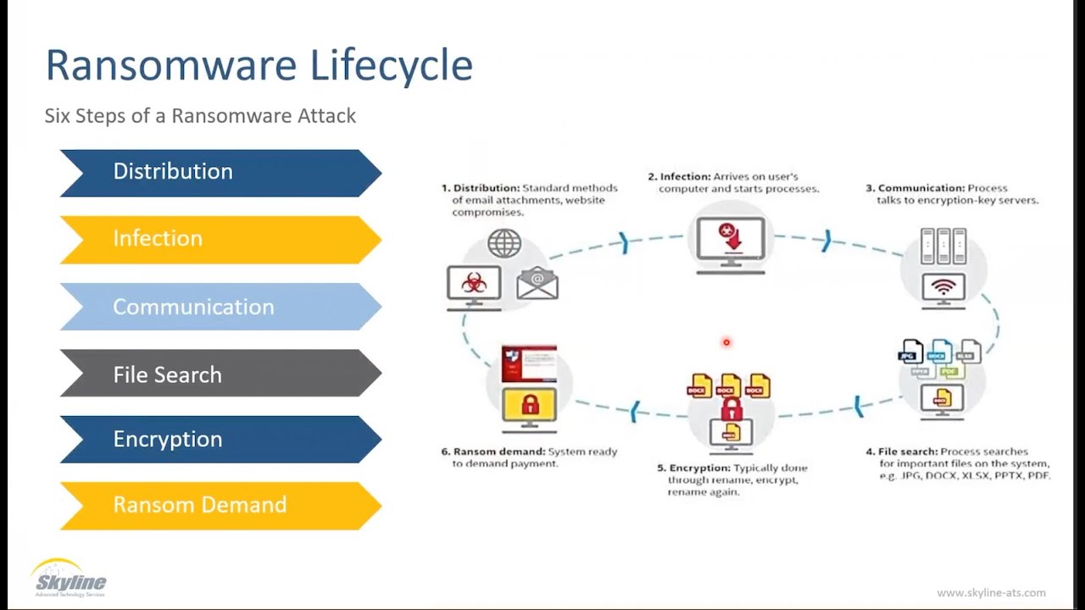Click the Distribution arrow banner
(220, 173)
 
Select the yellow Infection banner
(220, 240)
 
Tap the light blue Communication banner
(220, 307)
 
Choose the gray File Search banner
(220, 374)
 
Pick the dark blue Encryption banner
(220, 439)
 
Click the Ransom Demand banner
(220, 505)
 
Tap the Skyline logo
(70, 578)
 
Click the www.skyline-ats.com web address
(991, 593)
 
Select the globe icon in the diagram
(504, 244)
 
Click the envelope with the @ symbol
(537, 283)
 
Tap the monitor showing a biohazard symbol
(474, 285)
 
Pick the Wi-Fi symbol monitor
(943, 287)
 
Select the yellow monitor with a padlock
(529, 406)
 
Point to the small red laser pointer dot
(726, 342)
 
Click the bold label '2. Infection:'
(679, 177)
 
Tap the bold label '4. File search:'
(901, 452)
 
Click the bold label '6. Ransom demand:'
(492, 452)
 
